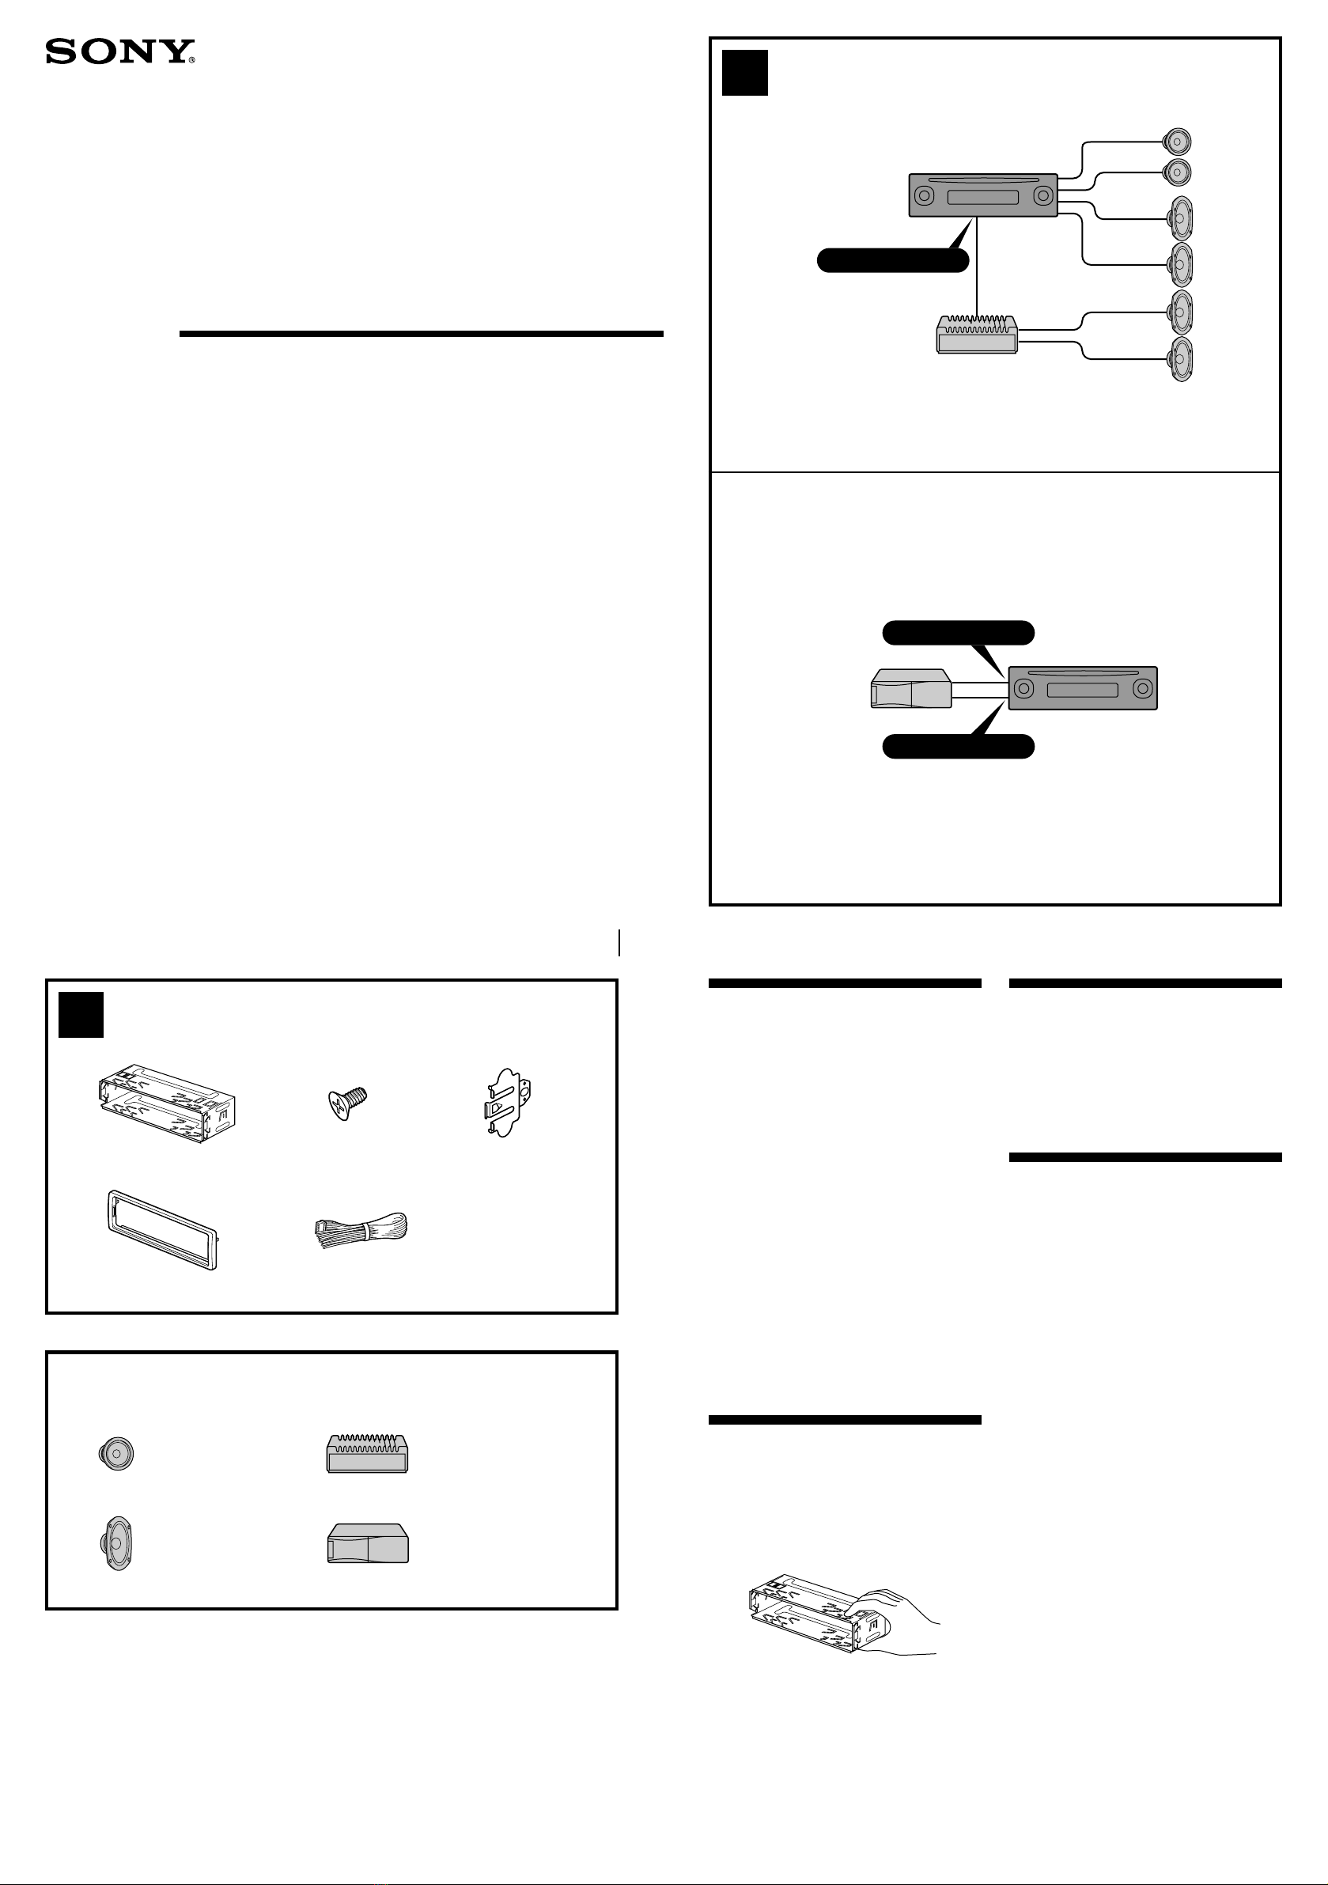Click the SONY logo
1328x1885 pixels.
click(120, 51)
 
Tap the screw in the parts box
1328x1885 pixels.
click(347, 1103)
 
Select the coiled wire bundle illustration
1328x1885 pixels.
click(361, 1230)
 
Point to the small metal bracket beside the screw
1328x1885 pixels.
click(507, 1103)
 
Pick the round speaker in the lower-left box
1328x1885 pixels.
click(115, 1454)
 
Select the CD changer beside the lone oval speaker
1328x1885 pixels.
click(368, 1543)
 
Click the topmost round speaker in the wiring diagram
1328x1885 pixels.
click(1177, 142)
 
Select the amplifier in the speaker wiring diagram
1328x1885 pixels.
click(978, 334)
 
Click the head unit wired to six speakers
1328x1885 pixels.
click(983, 195)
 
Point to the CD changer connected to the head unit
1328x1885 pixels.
click(910, 688)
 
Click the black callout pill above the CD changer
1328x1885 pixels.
click(958, 633)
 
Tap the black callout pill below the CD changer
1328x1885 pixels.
click(958, 746)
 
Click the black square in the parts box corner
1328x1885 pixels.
click(81, 1015)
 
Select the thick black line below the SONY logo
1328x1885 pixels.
click(421, 334)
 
